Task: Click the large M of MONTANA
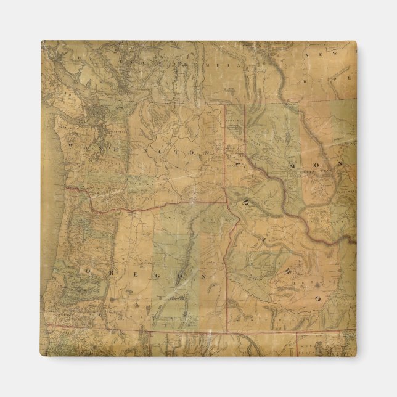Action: [x=293, y=165]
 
